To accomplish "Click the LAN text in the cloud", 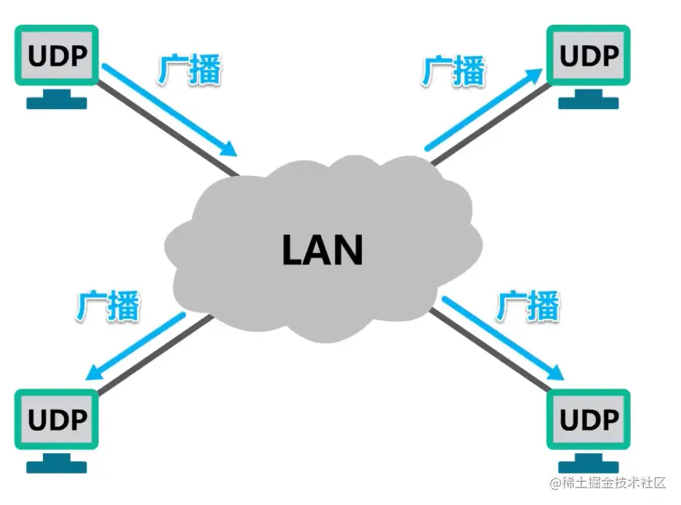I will (x=321, y=249).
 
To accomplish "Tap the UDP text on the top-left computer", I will (x=57, y=54).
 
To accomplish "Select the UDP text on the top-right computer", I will (x=589, y=54).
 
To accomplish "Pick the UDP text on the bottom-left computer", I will (x=57, y=419).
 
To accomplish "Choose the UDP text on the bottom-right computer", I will (x=589, y=419).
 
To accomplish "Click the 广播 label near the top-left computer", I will (x=189, y=70).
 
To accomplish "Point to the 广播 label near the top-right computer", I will (x=454, y=71).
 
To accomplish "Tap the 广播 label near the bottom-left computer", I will (x=108, y=305).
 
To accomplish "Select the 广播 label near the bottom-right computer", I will (x=528, y=305).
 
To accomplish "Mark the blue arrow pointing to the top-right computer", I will (x=483, y=109).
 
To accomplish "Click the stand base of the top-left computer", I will (x=57, y=103).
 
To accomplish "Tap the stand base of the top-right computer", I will (x=589, y=103).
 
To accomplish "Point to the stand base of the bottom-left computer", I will (x=57, y=466).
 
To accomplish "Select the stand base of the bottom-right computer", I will (x=589, y=466).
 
